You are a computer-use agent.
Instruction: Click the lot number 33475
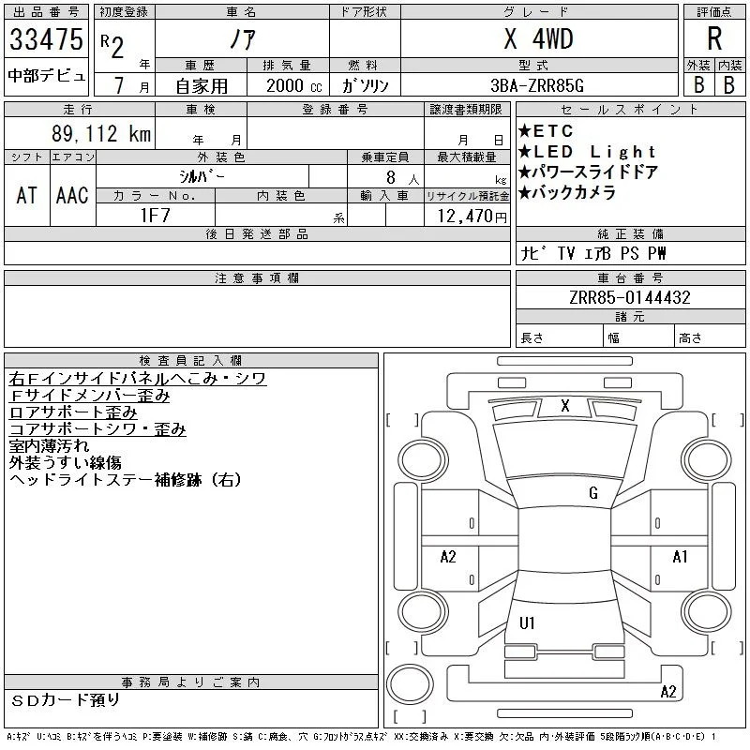pyautogui.click(x=46, y=39)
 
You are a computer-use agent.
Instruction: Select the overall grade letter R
pyautogui.click(x=714, y=38)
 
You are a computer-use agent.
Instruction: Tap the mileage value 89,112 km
pyautogui.click(x=101, y=133)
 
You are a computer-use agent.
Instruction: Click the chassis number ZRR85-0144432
pyautogui.click(x=630, y=297)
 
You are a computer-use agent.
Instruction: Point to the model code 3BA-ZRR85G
pyautogui.click(x=537, y=85)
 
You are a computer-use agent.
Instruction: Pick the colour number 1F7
pyautogui.click(x=156, y=216)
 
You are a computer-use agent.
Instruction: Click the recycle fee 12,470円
pyautogui.click(x=472, y=217)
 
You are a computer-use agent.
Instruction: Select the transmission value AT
pyautogui.click(x=26, y=196)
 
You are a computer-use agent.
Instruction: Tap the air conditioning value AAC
pyautogui.click(x=72, y=196)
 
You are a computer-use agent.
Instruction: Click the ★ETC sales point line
pyautogui.click(x=546, y=130)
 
